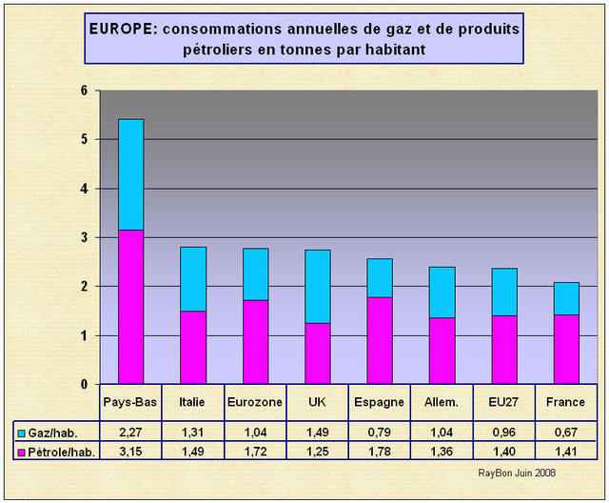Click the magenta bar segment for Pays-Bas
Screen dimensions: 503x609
click(131, 307)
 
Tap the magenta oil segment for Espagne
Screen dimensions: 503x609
click(380, 340)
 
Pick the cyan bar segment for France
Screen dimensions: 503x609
click(566, 298)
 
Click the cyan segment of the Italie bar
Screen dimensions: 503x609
click(193, 278)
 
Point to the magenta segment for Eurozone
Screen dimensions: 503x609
click(255, 341)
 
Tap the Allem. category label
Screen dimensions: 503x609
click(442, 403)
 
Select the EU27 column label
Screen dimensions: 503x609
click(504, 403)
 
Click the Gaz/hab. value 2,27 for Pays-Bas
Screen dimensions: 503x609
click(131, 431)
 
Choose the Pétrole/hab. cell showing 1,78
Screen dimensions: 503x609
click(380, 450)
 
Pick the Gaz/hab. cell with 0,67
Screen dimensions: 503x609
click(566, 431)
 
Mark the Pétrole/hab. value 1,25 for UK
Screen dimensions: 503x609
click(318, 450)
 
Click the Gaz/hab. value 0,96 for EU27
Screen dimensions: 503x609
click(504, 431)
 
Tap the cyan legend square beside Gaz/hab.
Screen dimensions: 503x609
click(22, 432)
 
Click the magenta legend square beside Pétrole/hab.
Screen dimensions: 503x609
click(22, 450)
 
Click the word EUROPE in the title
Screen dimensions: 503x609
click(122, 29)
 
